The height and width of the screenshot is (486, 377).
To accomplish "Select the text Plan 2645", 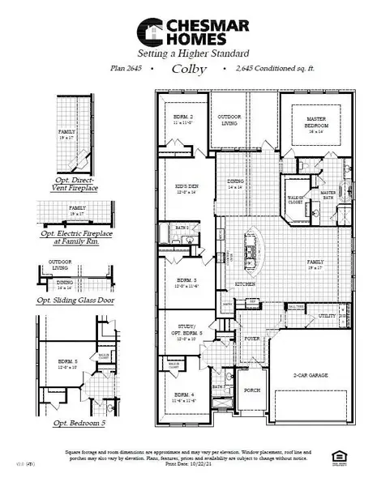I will (x=126, y=70).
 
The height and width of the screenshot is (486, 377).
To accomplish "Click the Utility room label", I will (x=327, y=316).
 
